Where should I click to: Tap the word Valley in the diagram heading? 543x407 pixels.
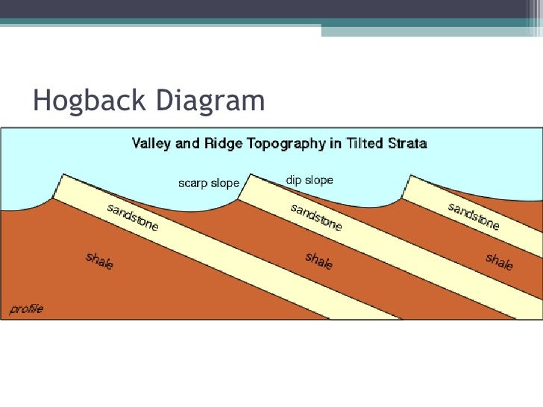pyautogui.click(x=151, y=142)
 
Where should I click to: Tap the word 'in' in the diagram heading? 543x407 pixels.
pyautogui.click(x=331, y=142)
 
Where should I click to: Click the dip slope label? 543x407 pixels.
pyautogui.click(x=309, y=180)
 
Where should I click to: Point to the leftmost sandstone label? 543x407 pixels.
pyautogui.click(x=133, y=216)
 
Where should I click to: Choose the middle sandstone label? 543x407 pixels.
pyautogui.click(x=316, y=216)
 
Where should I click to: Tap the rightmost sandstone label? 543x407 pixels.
pyautogui.click(x=474, y=215)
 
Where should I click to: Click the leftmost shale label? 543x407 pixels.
pyautogui.click(x=99, y=261)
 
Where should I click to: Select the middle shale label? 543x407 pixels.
pyautogui.click(x=318, y=261)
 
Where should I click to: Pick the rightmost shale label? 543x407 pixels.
pyautogui.click(x=499, y=262)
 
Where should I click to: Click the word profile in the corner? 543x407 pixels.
pyautogui.click(x=25, y=309)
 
